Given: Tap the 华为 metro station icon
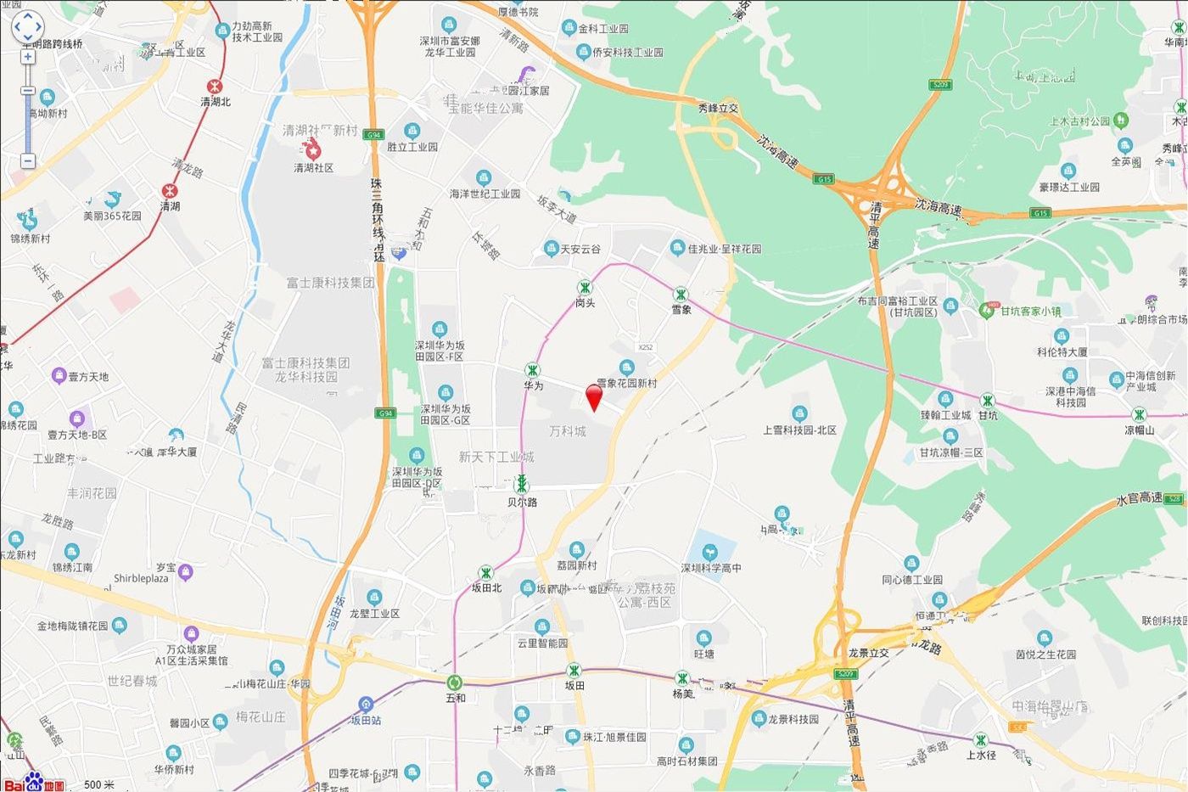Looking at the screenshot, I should (x=532, y=370).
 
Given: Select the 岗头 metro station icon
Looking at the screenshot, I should (x=585, y=288).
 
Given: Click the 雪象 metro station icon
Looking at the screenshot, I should (x=681, y=295).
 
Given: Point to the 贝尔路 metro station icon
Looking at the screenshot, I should (x=522, y=485).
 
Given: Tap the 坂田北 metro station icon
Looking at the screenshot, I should (x=485, y=573).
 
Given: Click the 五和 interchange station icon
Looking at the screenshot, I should (x=456, y=682).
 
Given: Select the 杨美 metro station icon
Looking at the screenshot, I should (x=682, y=678).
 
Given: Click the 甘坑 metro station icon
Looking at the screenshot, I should (x=987, y=400).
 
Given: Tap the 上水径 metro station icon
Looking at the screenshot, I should (x=981, y=739).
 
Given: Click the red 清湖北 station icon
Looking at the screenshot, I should (x=216, y=86).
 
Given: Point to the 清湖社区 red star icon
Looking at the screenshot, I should (x=313, y=151).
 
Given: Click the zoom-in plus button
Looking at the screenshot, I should (x=28, y=57).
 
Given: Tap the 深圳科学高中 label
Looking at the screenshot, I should (x=711, y=568).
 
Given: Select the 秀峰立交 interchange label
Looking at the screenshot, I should (x=718, y=109).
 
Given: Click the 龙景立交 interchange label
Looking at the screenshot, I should (x=868, y=652).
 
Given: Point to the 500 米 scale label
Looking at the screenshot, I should (x=98, y=784).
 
